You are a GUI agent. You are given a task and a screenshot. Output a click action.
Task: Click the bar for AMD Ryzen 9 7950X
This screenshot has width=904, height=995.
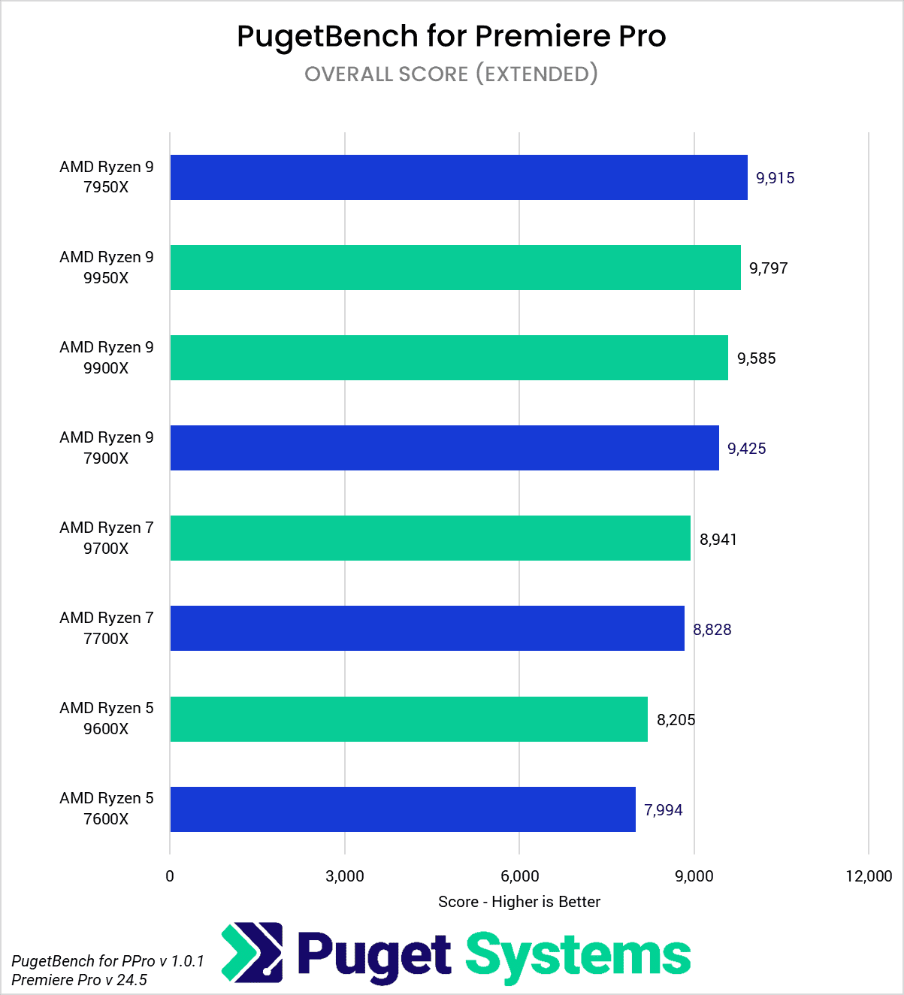click(458, 177)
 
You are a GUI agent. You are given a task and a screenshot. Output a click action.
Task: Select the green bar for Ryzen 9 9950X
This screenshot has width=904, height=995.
click(455, 268)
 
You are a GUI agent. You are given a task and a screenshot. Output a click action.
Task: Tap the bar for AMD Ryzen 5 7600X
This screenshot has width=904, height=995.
click(403, 809)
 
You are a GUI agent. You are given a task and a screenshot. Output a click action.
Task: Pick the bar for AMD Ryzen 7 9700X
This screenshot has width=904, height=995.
click(430, 538)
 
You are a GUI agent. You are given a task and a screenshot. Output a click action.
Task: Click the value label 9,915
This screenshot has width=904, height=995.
click(775, 178)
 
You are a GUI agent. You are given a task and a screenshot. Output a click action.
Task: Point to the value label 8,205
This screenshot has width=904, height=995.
click(676, 720)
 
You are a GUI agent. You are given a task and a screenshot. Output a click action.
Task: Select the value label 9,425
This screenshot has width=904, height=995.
click(746, 449)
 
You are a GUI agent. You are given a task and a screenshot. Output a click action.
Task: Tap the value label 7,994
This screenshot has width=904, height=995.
click(663, 810)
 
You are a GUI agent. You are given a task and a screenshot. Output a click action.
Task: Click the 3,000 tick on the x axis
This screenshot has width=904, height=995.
click(345, 876)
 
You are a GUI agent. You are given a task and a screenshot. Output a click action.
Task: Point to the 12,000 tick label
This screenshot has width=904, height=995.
click(868, 876)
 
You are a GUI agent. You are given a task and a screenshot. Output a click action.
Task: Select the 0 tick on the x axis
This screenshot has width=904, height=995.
click(170, 876)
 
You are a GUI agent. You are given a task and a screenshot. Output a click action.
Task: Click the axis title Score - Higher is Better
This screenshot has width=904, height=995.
click(519, 902)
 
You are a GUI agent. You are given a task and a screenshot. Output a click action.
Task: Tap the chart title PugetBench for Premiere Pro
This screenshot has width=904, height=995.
click(451, 36)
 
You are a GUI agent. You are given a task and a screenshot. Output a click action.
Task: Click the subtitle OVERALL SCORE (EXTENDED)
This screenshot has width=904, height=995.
click(451, 74)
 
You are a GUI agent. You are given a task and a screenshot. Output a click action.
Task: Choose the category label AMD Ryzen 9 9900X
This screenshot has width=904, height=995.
click(106, 358)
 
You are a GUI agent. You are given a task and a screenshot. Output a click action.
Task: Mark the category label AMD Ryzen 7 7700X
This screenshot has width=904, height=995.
click(106, 628)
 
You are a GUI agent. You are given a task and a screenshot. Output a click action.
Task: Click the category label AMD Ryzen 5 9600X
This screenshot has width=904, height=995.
click(106, 718)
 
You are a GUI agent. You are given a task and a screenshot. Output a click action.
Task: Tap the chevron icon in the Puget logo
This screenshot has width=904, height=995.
click(252, 953)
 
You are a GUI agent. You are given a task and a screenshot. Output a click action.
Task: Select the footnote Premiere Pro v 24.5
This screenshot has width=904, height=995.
click(79, 980)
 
